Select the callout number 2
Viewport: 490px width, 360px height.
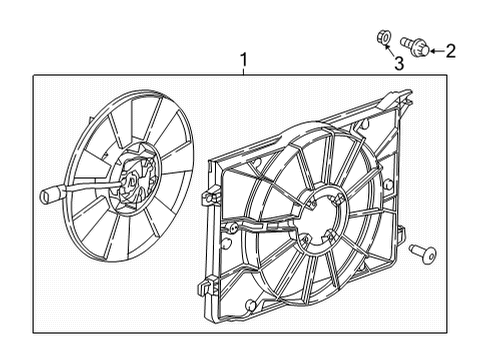[x=450, y=50]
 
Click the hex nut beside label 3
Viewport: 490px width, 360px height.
[x=383, y=40]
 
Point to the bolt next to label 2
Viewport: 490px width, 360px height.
[x=412, y=44]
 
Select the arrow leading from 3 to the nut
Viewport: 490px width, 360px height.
[x=390, y=53]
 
